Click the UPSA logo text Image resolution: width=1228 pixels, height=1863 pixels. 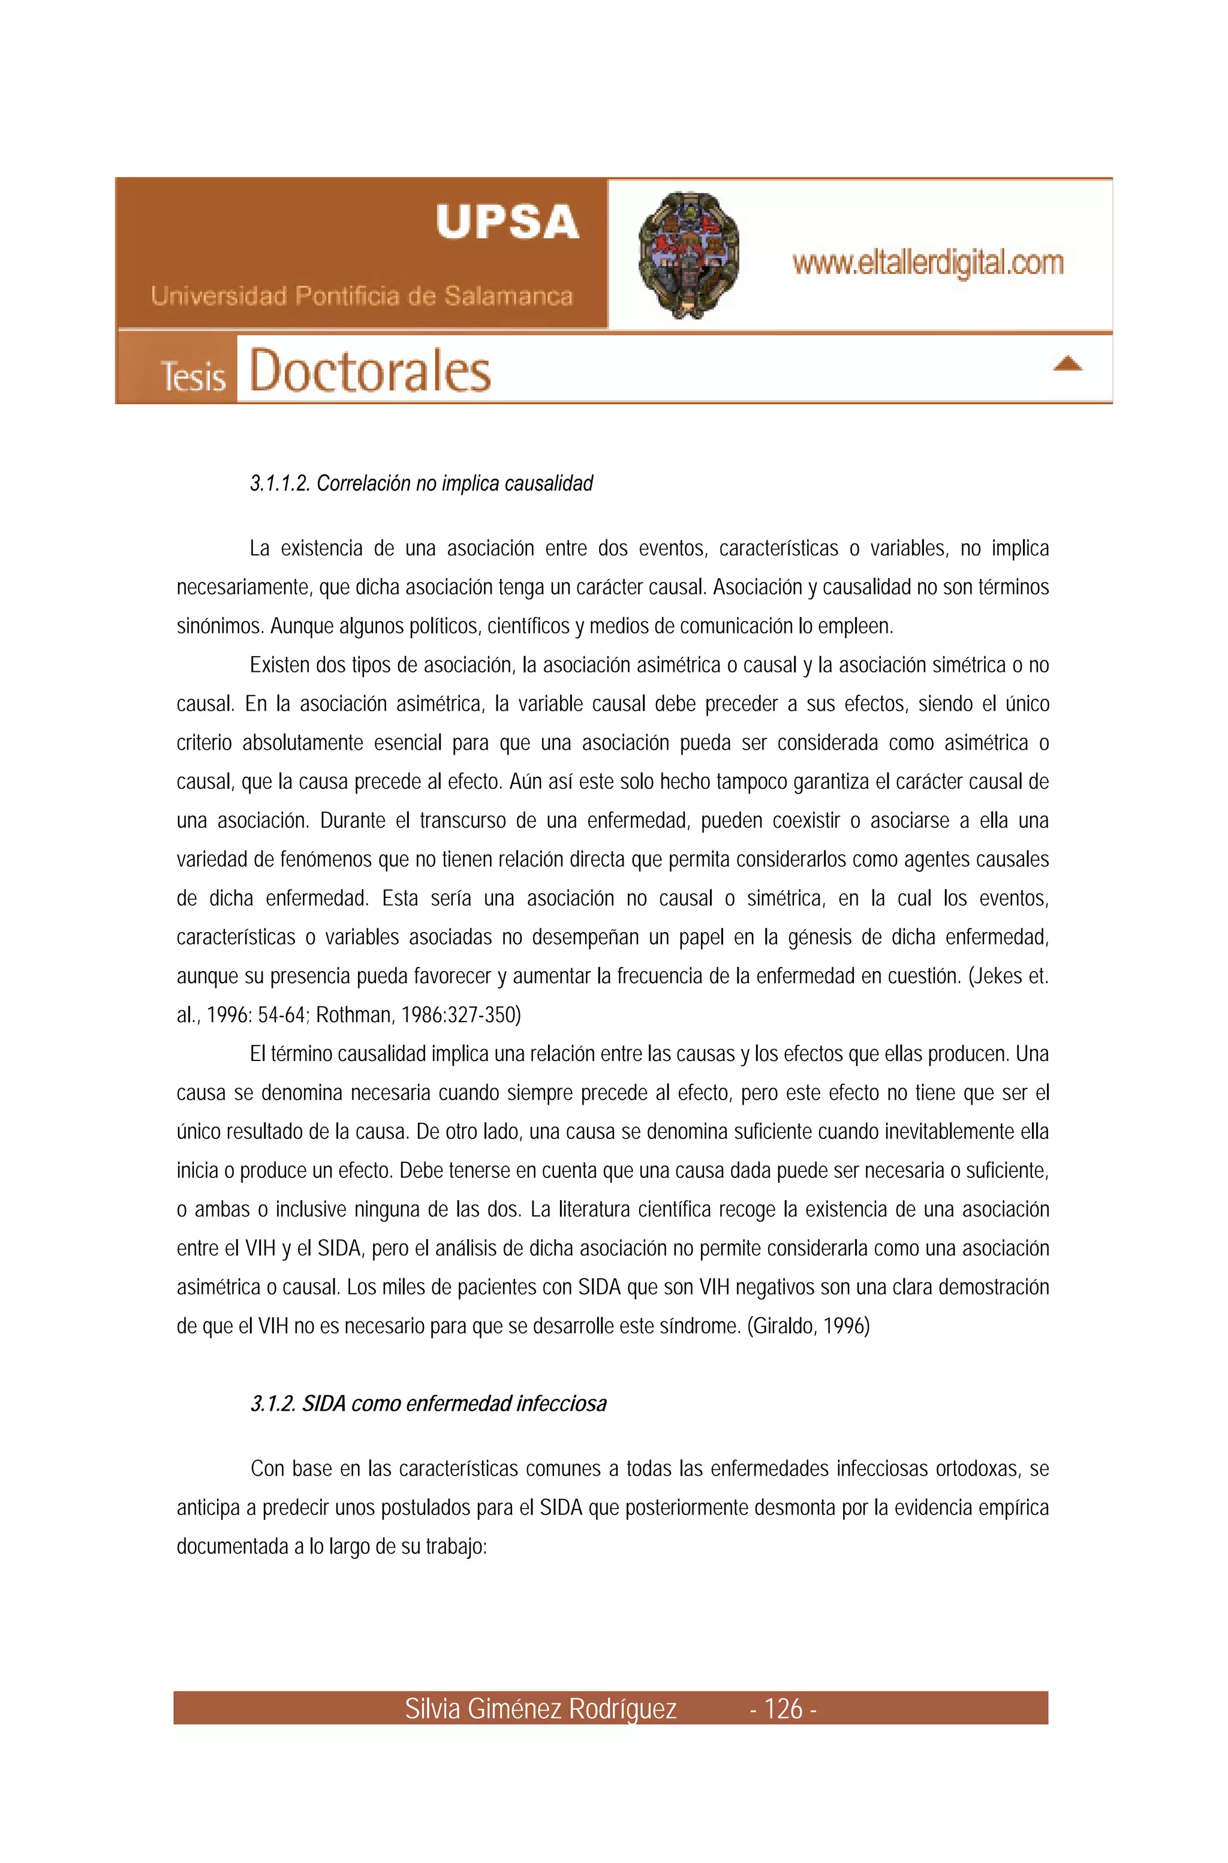(x=507, y=222)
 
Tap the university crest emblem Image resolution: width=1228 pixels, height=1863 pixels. (x=688, y=254)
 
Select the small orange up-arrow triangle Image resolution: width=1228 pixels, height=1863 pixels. (x=1067, y=363)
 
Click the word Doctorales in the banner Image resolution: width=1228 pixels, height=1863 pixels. (x=369, y=371)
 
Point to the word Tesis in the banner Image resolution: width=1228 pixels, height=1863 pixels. (x=192, y=376)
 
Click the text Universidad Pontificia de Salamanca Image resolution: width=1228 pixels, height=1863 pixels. (x=361, y=296)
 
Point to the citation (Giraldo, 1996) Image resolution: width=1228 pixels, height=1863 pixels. (x=808, y=1326)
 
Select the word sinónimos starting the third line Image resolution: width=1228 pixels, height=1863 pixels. (x=220, y=627)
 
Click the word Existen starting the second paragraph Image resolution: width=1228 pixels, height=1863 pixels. (x=279, y=665)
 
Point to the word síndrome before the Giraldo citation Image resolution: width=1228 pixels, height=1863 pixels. (x=700, y=1326)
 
